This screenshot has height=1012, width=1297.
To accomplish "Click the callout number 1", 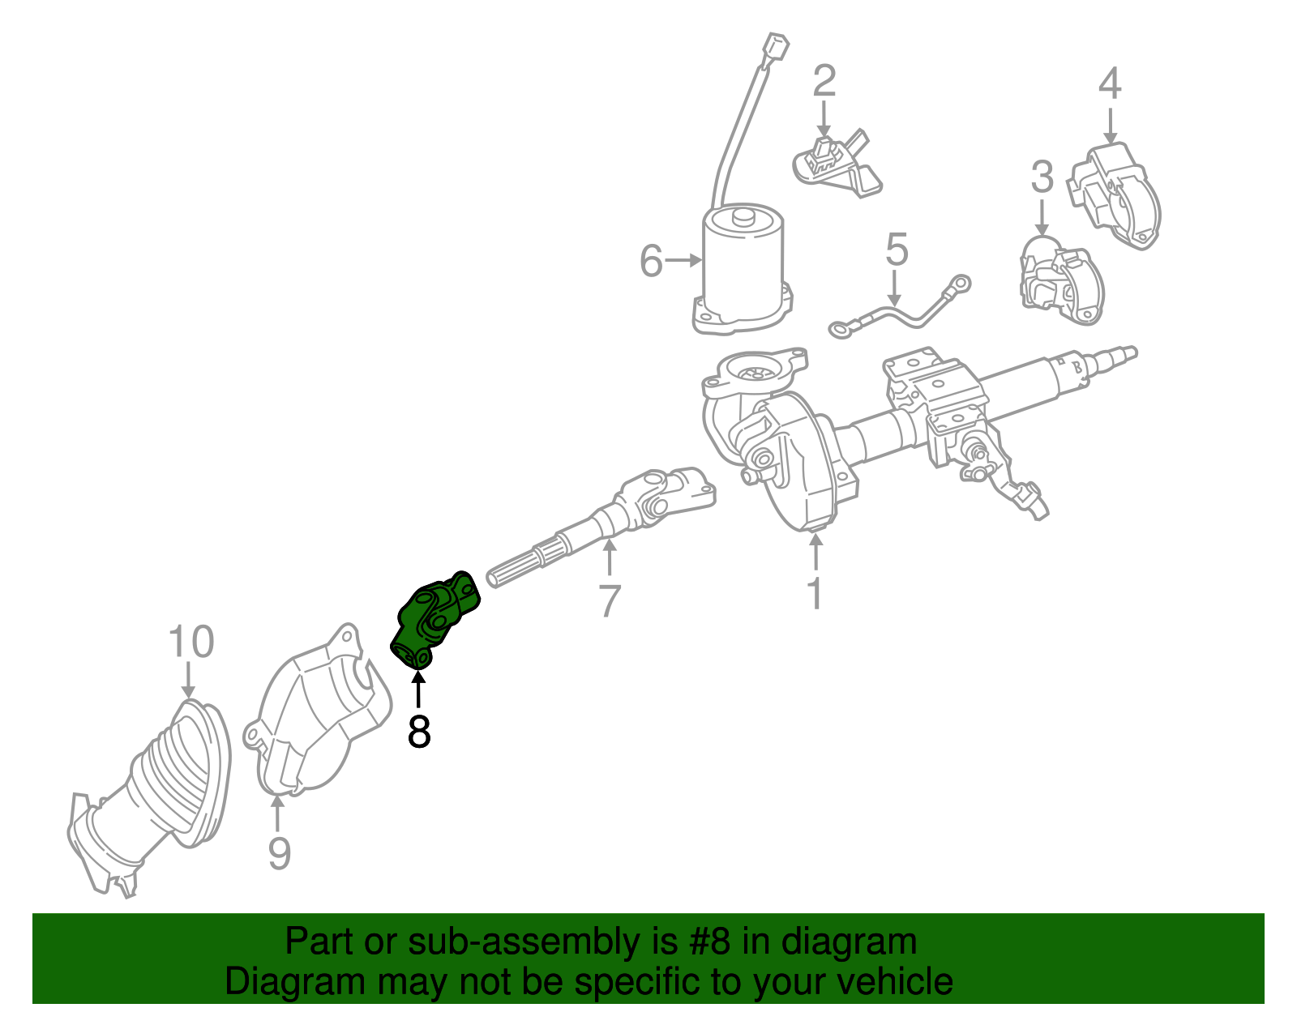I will click(x=815, y=593).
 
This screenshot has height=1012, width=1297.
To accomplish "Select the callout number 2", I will click(x=824, y=81).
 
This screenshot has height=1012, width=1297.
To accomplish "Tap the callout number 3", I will click(x=1042, y=177).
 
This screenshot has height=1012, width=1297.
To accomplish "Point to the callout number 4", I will click(x=1110, y=83).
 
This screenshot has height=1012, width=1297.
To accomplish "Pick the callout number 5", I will click(x=896, y=250).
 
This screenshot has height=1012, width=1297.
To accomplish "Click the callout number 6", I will click(x=651, y=261).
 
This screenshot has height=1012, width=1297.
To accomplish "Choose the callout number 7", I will click(x=609, y=600).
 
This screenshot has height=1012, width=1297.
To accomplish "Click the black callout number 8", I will click(x=418, y=731).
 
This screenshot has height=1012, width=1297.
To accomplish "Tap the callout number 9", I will click(x=278, y=852).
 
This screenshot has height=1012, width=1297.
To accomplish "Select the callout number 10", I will click(x=191, y=642).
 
